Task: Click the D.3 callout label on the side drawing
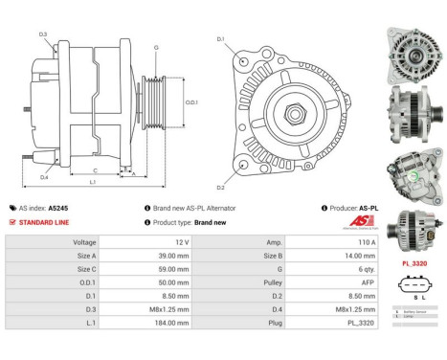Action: click(43, 35)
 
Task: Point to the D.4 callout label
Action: click(43, 176)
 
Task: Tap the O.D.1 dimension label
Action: click(190, 101)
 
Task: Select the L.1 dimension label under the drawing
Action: click(91, 182)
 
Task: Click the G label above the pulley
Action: click(156, 47)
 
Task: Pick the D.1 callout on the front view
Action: click(220, 39)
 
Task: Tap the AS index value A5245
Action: click(58, 208)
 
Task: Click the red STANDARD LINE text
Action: click(44, 222)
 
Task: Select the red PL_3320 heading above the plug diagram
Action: click(413, 262)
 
